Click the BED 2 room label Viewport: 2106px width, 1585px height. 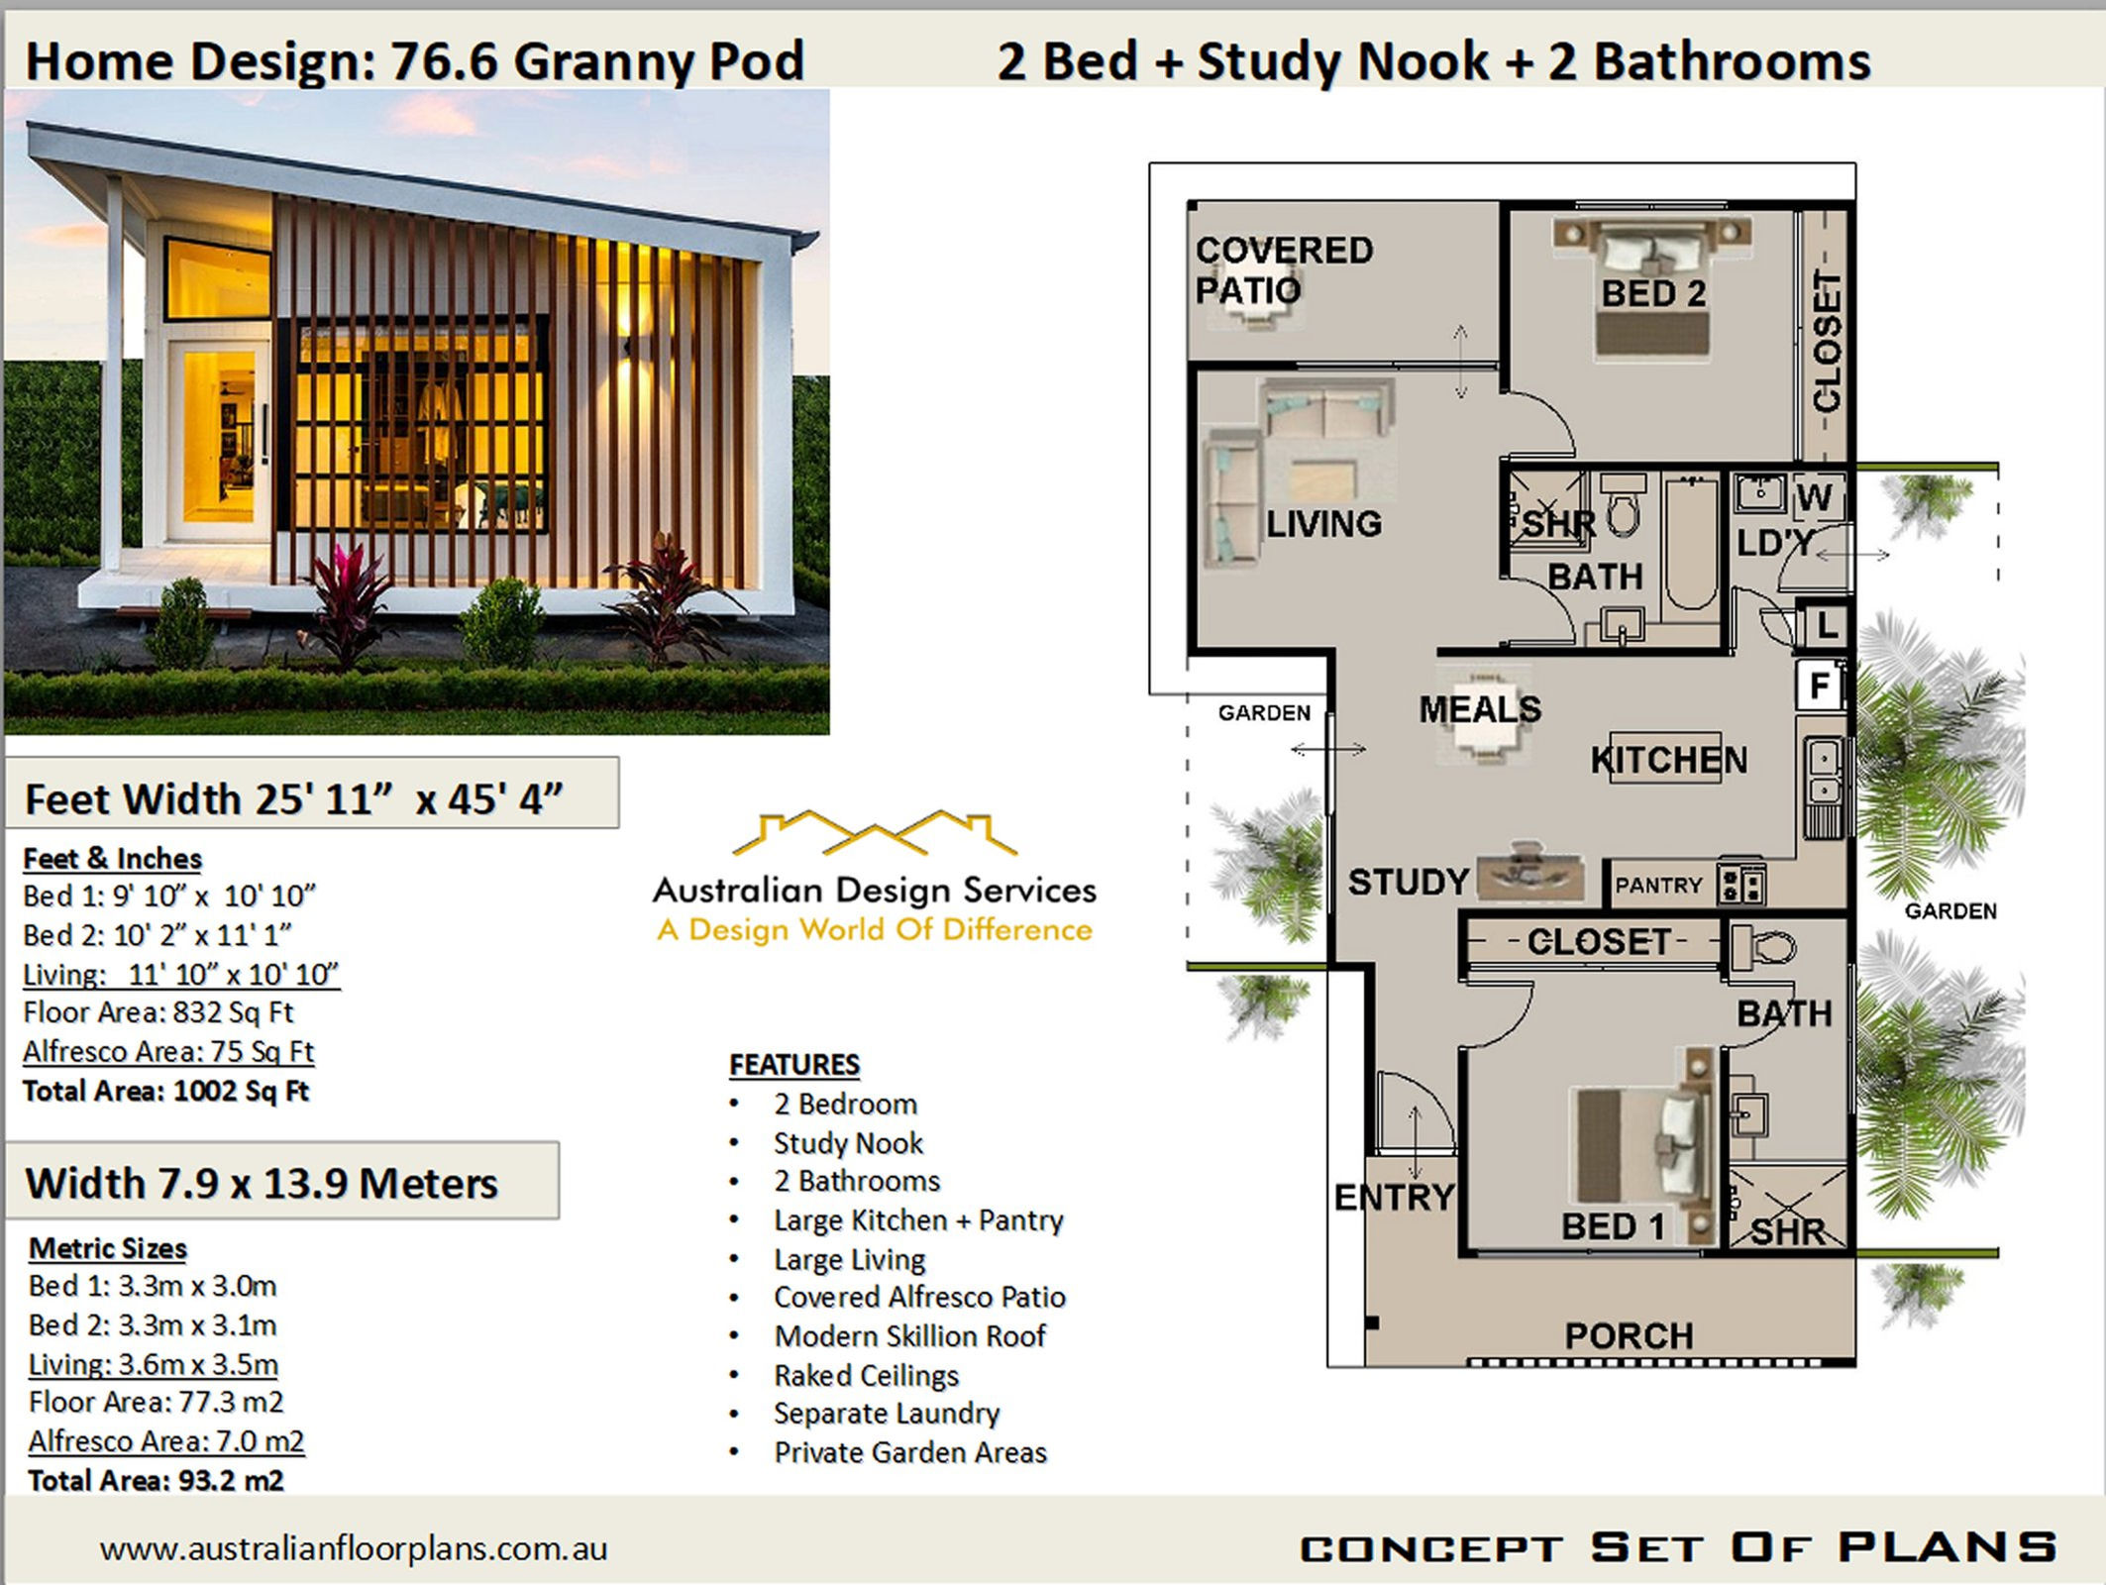click(x=1653, y=293)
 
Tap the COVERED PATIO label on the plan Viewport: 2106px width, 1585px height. click(x=1283, y=269)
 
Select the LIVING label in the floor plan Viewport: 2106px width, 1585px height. click(x=1323, y=523)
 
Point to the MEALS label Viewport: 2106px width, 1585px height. click(x=1480, y=708)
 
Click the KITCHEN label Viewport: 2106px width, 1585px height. click(x=1669, y=760)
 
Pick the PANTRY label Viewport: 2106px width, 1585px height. click(x=1658, y=885)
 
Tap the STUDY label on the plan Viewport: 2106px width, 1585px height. click(x=1408, y=882)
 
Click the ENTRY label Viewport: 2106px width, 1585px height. click(x=1394, y=1197)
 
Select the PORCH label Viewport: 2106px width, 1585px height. click(x=1629, y=1335)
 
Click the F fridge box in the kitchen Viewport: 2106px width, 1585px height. click(x=1820, y=686)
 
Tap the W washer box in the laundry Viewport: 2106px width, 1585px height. click(x=1815, y=496)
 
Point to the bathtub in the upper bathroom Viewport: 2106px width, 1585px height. click(x=1691, y=545)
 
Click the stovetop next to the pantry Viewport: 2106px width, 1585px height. click(x=1741, y=884)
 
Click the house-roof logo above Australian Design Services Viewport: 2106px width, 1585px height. click(x=874, y=833)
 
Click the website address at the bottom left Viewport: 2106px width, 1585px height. click(x=354, y=1548)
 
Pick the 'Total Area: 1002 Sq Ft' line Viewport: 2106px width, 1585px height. click(x=165, y=1091)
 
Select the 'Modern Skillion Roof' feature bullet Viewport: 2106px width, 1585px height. click(x=909, y=1336)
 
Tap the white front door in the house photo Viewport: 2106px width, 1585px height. click(x=217, y=440)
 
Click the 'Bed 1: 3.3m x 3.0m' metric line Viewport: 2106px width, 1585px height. click(x=153, y=1286)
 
